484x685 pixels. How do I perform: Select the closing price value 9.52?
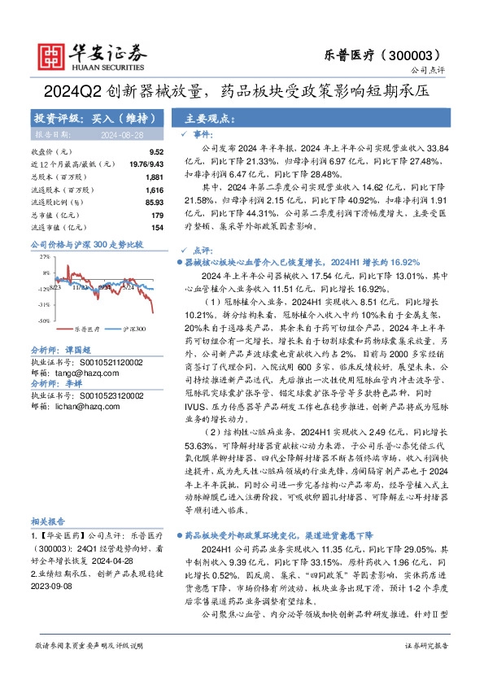click(x=157, y=152)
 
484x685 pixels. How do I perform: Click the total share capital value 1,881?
click(x=155, y=177)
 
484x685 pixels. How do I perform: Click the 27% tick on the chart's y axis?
click(x=43, y=257)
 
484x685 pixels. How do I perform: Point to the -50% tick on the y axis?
click(x=42, y=321)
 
